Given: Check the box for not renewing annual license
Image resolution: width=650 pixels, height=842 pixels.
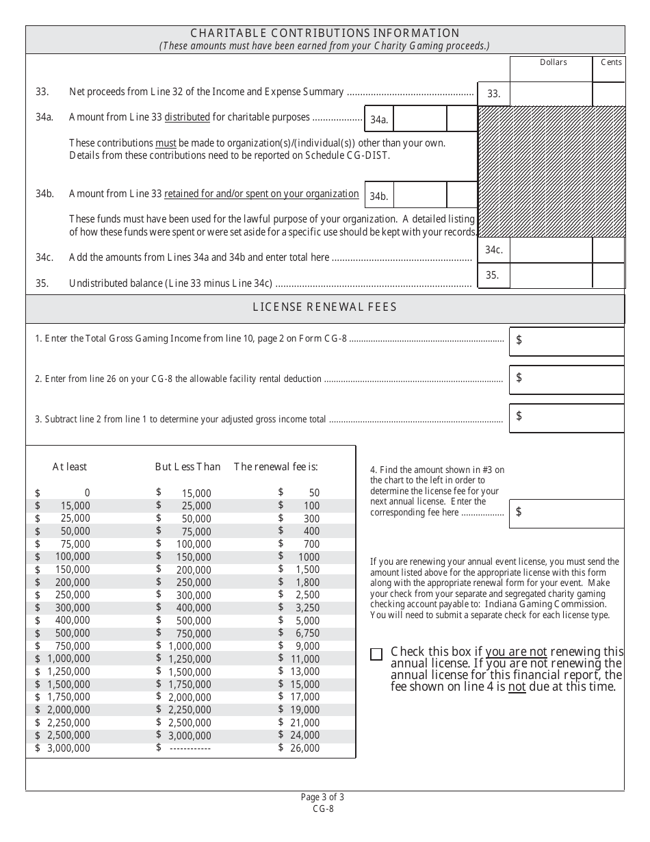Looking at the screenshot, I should (376, 654).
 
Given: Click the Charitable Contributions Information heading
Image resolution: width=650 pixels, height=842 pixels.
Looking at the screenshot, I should (325, 33).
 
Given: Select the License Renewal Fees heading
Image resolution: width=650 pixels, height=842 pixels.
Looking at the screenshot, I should (325, 307).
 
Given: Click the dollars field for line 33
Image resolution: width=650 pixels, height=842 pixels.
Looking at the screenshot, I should (551, 94).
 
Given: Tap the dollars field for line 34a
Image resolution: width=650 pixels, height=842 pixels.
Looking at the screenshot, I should (420, 118).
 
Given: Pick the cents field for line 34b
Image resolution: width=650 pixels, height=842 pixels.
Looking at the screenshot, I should (462, 195).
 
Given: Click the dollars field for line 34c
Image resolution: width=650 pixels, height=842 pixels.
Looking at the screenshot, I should (551, 251).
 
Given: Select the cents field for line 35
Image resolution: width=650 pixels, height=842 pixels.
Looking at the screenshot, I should (608, 276).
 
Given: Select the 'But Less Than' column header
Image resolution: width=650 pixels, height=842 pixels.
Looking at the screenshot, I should (187, 467).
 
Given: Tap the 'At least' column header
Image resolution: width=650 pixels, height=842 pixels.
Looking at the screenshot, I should (70, 467).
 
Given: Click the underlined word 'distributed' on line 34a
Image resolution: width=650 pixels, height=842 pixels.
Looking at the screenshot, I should (187, 117).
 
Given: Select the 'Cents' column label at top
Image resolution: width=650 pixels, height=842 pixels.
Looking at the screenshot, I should (611, 62).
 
